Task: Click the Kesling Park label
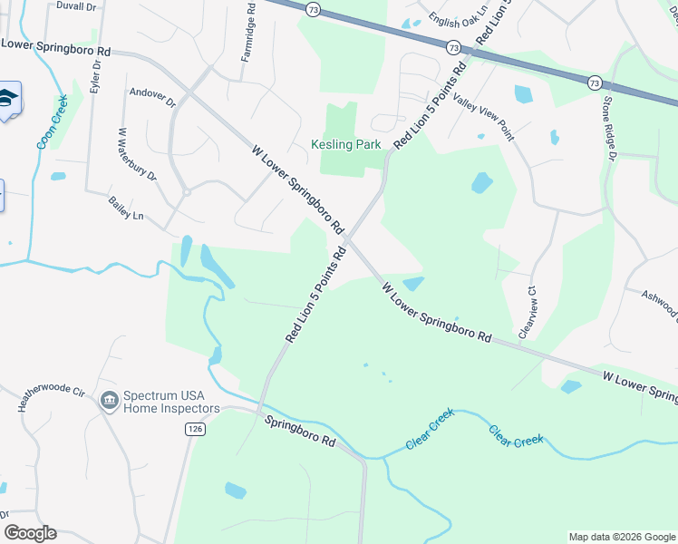click(x=346, y=143)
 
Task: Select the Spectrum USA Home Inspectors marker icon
click(x=109, y=400)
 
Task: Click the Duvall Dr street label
click(x=76, y=6)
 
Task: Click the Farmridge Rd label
click(x=247, y=37)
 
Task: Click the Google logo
click(x=30, y=533)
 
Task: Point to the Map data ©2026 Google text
click(x=622, y=537)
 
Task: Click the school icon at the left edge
click(x=8, y=100)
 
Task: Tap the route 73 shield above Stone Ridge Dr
click(x=595, y=82)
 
